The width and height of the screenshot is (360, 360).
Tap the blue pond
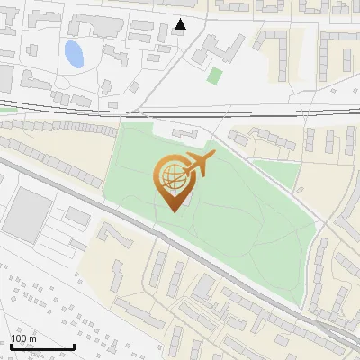tap(74, 54)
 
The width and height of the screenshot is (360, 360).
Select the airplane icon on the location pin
tap(197, 165)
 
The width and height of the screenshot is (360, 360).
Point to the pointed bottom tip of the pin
tap(172, 211)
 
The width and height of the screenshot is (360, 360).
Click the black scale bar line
tap(41, 346)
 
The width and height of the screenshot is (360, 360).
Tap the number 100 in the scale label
tap(20, 338)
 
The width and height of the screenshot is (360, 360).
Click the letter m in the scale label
tap(33, 338)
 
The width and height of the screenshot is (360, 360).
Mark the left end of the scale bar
tap(10, 346)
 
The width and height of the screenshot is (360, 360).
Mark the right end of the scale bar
tap(74, 346)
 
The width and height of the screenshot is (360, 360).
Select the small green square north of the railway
tap(214, 75)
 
